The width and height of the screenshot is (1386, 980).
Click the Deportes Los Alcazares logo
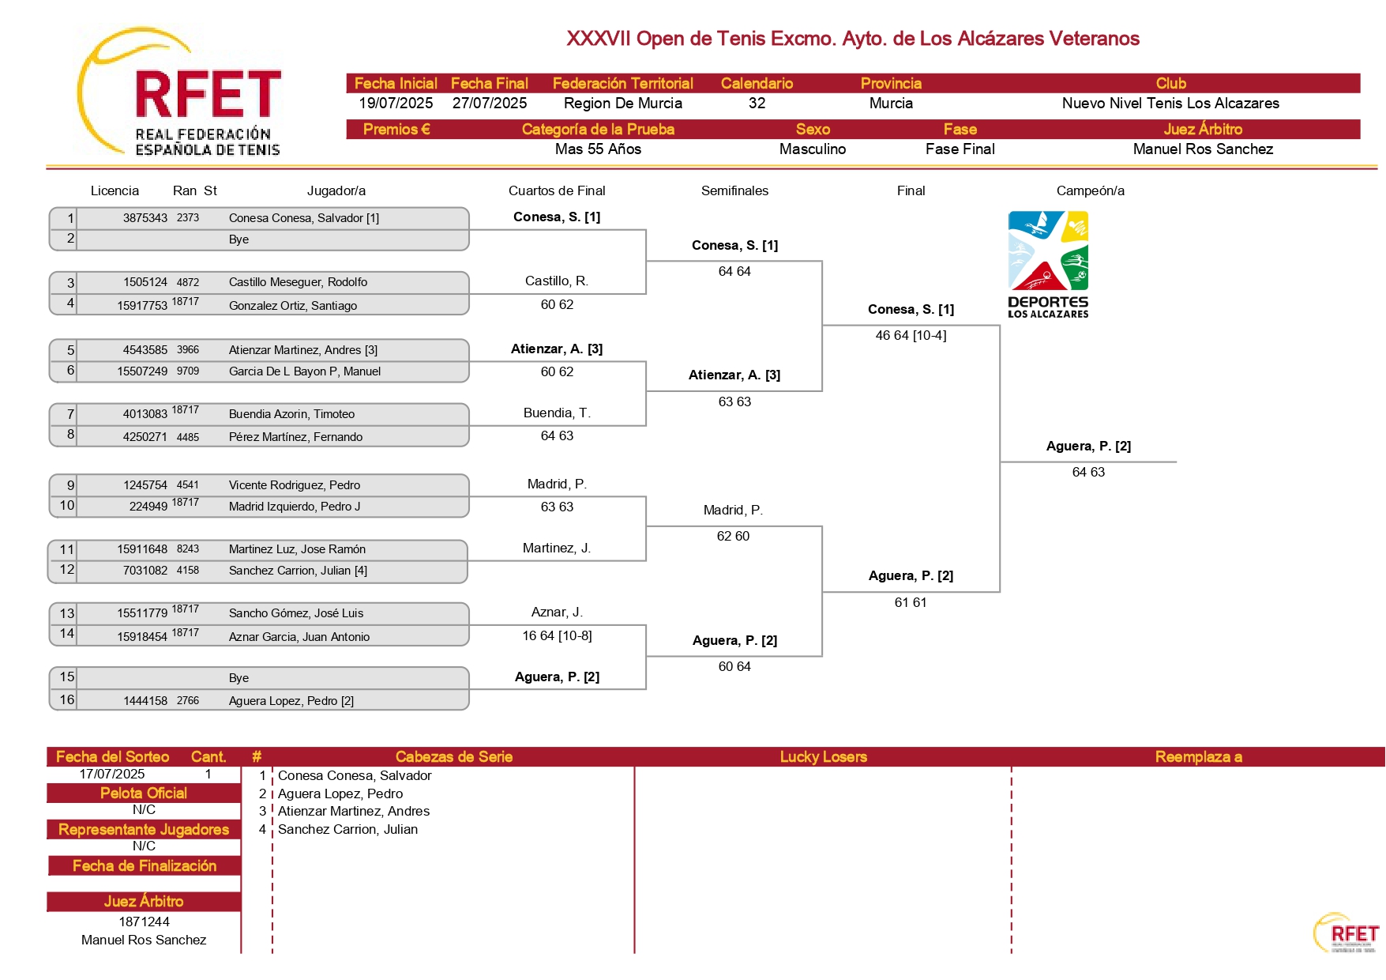1048,265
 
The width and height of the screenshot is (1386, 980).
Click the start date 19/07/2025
396,104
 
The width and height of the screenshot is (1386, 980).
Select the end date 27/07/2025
490,104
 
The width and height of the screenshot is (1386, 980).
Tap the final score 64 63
1088,473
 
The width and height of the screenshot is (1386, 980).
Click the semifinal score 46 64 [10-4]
911,336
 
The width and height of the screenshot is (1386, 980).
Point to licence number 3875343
145,218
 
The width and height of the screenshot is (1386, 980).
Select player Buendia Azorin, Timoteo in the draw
291,414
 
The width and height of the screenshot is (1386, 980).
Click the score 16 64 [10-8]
557,636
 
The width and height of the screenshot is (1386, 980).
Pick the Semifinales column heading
734,191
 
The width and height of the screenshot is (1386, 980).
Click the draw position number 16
67,700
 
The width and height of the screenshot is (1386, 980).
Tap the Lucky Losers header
823,757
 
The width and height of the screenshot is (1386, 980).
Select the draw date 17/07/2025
112,775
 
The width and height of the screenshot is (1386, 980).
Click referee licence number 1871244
144,922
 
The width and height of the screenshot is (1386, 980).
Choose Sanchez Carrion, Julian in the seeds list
347,830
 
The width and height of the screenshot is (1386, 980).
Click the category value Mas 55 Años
598,149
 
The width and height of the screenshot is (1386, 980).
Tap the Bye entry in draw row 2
239,239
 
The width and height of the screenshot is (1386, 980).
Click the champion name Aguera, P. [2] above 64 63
1088,447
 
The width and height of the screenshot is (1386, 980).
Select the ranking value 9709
188,371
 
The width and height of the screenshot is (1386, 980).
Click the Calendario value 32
757,104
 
